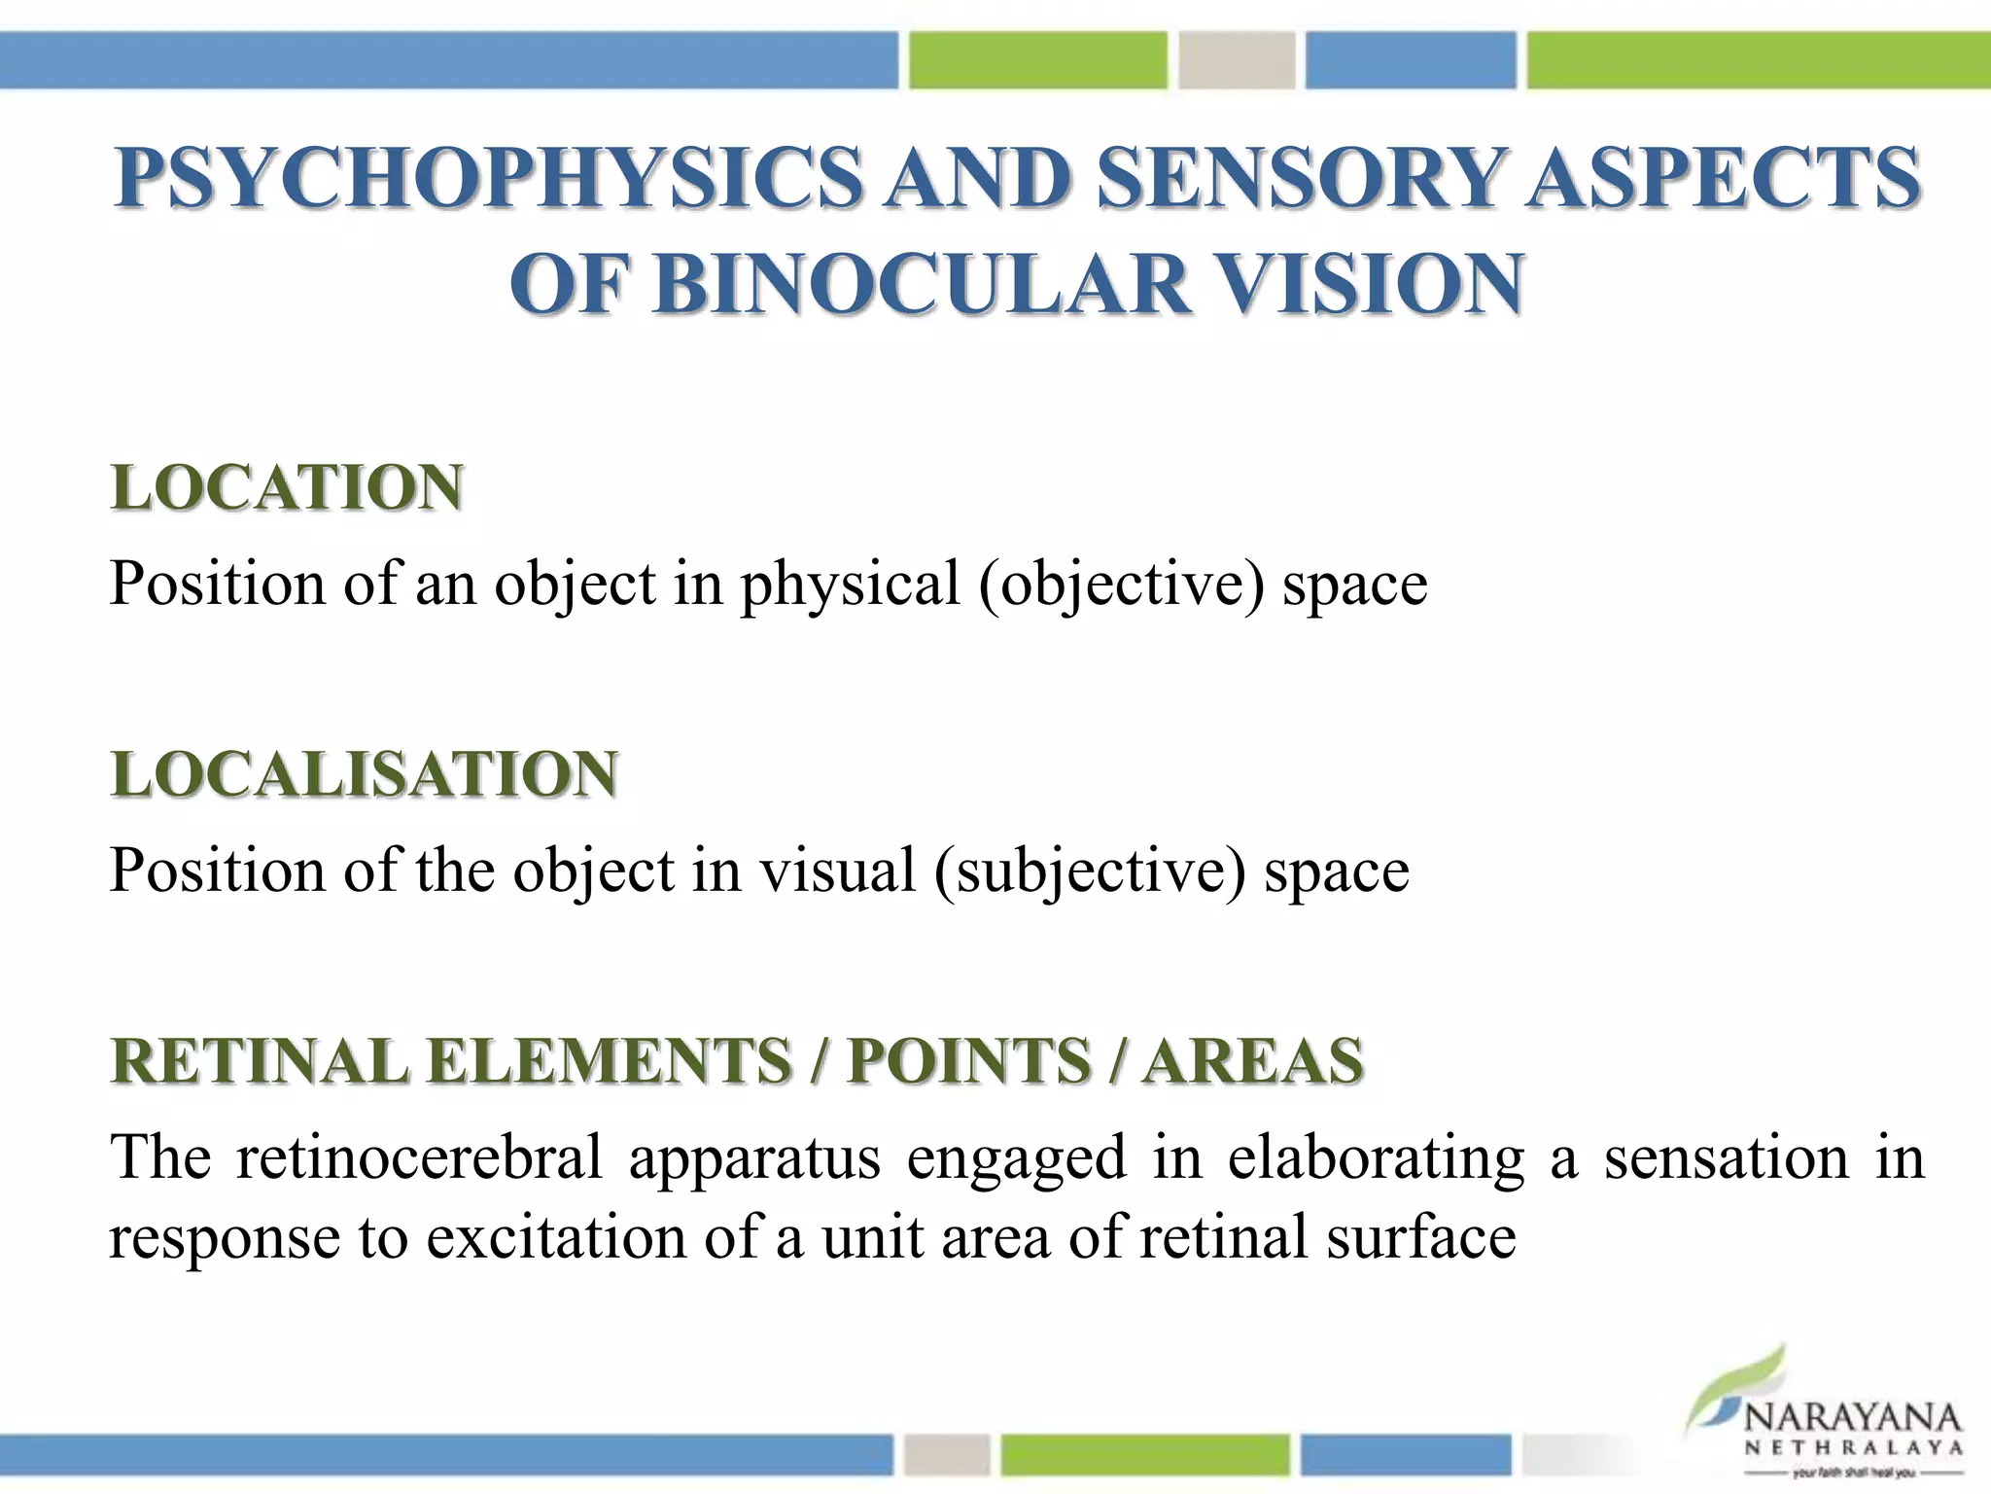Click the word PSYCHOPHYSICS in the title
click(x=487, y=178)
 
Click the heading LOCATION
click(x=287, y=487)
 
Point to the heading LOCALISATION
click(x=365, y=774)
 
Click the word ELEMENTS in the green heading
click(x=610, y=1060)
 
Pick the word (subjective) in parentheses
click(x=1090, y=871)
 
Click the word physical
click(x=851, y=585)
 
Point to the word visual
click(x=837, y=871)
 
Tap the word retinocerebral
click(x=419, y=1157)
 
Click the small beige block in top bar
click(x=1237, y=60)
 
